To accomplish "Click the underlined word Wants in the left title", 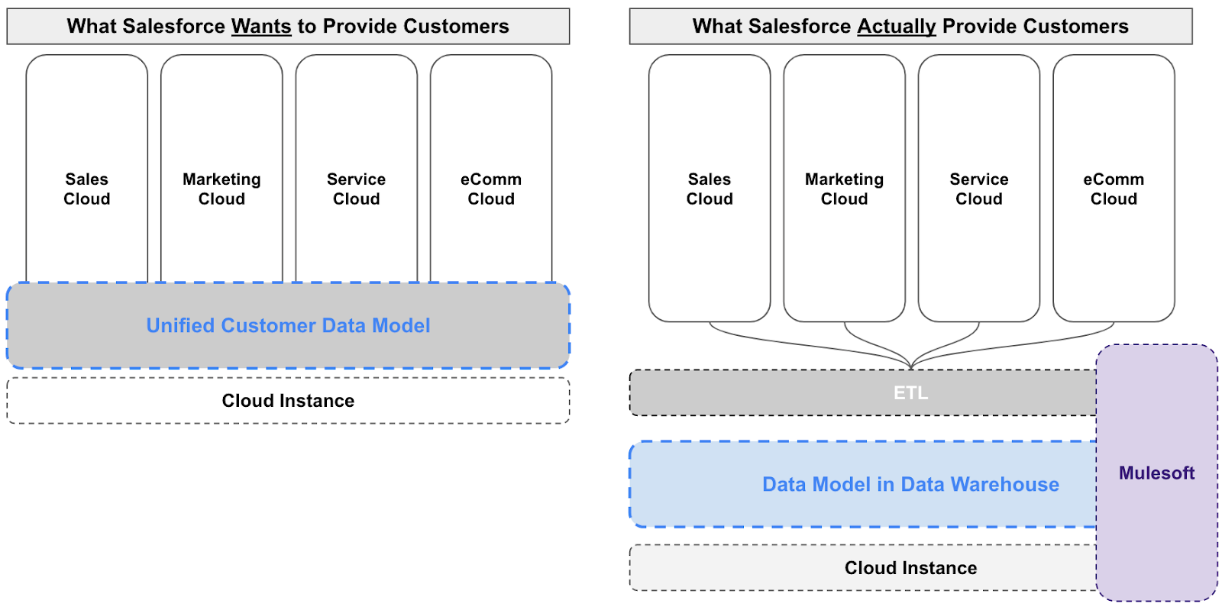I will pos(261,27).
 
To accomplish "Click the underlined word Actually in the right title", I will pos(896,27).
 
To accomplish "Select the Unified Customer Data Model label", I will pos(288,326).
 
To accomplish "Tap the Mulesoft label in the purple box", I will pos(1156,473).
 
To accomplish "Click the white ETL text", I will pos(910,393).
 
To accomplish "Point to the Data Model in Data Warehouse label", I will pos(910,485).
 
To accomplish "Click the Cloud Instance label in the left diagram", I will pos(288,401).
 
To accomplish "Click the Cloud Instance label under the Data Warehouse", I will pos(910,568).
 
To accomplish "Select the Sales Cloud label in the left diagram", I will pos(87,189).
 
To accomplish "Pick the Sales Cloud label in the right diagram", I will pos(710,189).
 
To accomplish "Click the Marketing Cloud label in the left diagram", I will pos(221,189).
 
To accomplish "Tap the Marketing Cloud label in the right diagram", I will pos(844,189).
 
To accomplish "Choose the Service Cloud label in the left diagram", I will pos(356,189).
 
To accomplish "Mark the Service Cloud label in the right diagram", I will pos(978,189).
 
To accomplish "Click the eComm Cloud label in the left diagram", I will pos(491,189).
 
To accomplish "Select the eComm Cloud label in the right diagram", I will pos(1114,189).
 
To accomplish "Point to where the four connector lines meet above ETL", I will pos(910,365).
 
